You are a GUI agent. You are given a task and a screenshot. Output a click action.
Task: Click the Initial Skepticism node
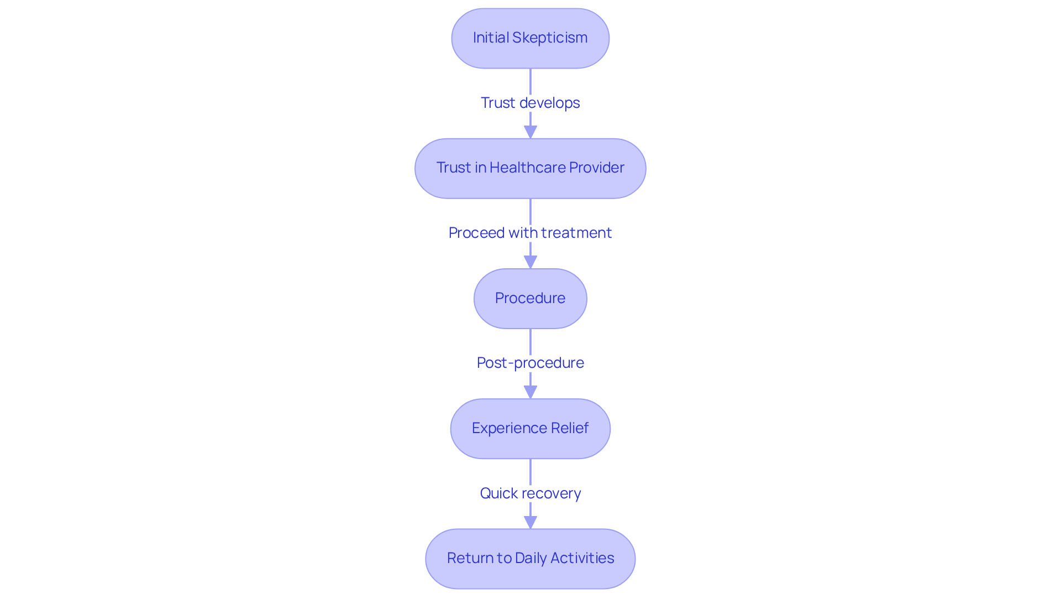530,38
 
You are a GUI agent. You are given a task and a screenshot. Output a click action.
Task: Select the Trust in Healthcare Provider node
530,168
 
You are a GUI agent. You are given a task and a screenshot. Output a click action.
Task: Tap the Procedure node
530,299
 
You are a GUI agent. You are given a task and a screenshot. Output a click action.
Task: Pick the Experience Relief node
530,429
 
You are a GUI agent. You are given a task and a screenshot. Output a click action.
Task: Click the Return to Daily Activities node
530,559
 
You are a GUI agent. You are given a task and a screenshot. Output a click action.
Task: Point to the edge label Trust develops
530,103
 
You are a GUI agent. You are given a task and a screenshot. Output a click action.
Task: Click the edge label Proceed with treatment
530,233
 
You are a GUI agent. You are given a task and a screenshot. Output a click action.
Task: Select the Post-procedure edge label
530,363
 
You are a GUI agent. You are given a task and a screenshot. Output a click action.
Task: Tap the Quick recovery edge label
530,493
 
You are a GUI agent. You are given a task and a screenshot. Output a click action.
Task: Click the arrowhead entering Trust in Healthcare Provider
530,132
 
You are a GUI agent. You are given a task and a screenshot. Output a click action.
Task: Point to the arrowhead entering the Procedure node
530,262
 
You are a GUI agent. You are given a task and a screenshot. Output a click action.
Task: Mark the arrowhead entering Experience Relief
530,392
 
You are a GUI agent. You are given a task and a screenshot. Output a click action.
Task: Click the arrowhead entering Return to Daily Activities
530,522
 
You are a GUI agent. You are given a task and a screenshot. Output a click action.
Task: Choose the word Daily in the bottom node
533,558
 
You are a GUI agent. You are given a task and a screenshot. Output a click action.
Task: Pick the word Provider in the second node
597,168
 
